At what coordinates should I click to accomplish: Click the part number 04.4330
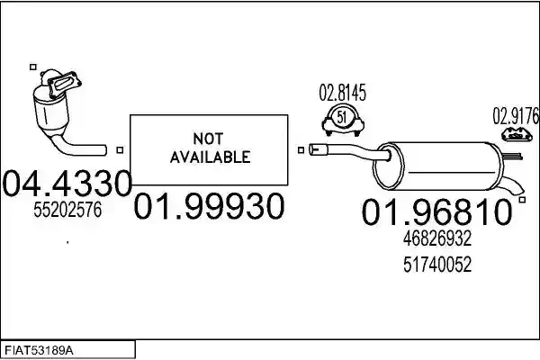coord(67,183)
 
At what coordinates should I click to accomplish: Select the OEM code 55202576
coord(67,209)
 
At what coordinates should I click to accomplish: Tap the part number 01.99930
coord(209,206)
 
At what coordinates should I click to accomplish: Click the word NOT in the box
coord(208,139)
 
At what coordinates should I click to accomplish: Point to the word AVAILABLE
coord(210,157)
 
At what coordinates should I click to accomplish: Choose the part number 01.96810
coord(436,211)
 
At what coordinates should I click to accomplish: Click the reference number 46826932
coord(437,238)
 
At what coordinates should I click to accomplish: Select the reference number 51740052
coord(437,265)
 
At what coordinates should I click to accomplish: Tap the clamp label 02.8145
coord(342,93)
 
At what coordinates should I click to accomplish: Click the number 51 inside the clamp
coord(341,117)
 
